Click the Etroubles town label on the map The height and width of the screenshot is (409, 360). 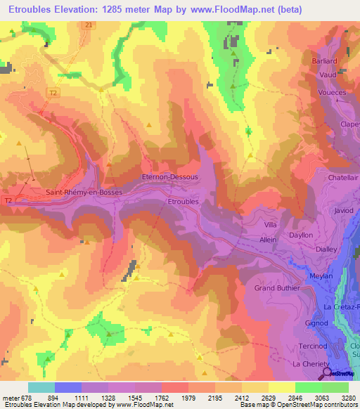pos(184,202)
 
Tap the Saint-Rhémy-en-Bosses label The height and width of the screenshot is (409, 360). pos(84,192)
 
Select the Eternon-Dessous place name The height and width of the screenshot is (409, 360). pos(169,177)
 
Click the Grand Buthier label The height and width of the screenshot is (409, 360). pos(277,288)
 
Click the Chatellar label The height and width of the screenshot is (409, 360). pos(343,178)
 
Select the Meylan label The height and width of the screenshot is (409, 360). pos(321,276)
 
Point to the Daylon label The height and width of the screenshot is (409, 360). pos(301,235)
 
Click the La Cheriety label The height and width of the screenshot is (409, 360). pos(307,365)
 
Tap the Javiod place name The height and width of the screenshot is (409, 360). pos(345,210)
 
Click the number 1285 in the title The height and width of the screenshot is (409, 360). pos(130,9)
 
